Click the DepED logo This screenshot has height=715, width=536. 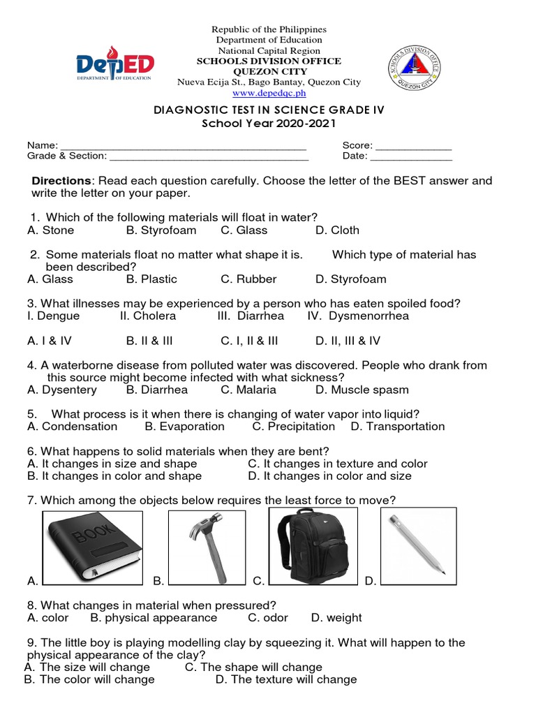coord(115,66)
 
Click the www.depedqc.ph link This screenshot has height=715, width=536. coord(269,93)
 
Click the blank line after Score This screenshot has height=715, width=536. coord(414,147)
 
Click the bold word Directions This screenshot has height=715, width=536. coord(61,181)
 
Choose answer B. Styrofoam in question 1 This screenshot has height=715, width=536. coord(161,230)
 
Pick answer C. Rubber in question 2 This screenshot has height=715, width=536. coord(248,279)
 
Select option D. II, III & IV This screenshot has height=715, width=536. coord(348,341)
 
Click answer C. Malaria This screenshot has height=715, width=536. coord(248,390)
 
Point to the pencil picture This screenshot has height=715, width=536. coord(417,545)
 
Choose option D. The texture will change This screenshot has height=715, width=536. coord(286,679)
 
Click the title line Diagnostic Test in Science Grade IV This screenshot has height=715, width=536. coord(269,110)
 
